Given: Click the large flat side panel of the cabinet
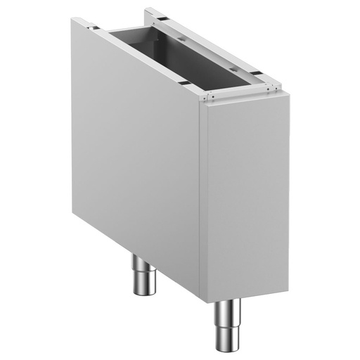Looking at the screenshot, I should pos(134,141).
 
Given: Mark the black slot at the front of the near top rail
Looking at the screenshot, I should pos(184,83).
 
